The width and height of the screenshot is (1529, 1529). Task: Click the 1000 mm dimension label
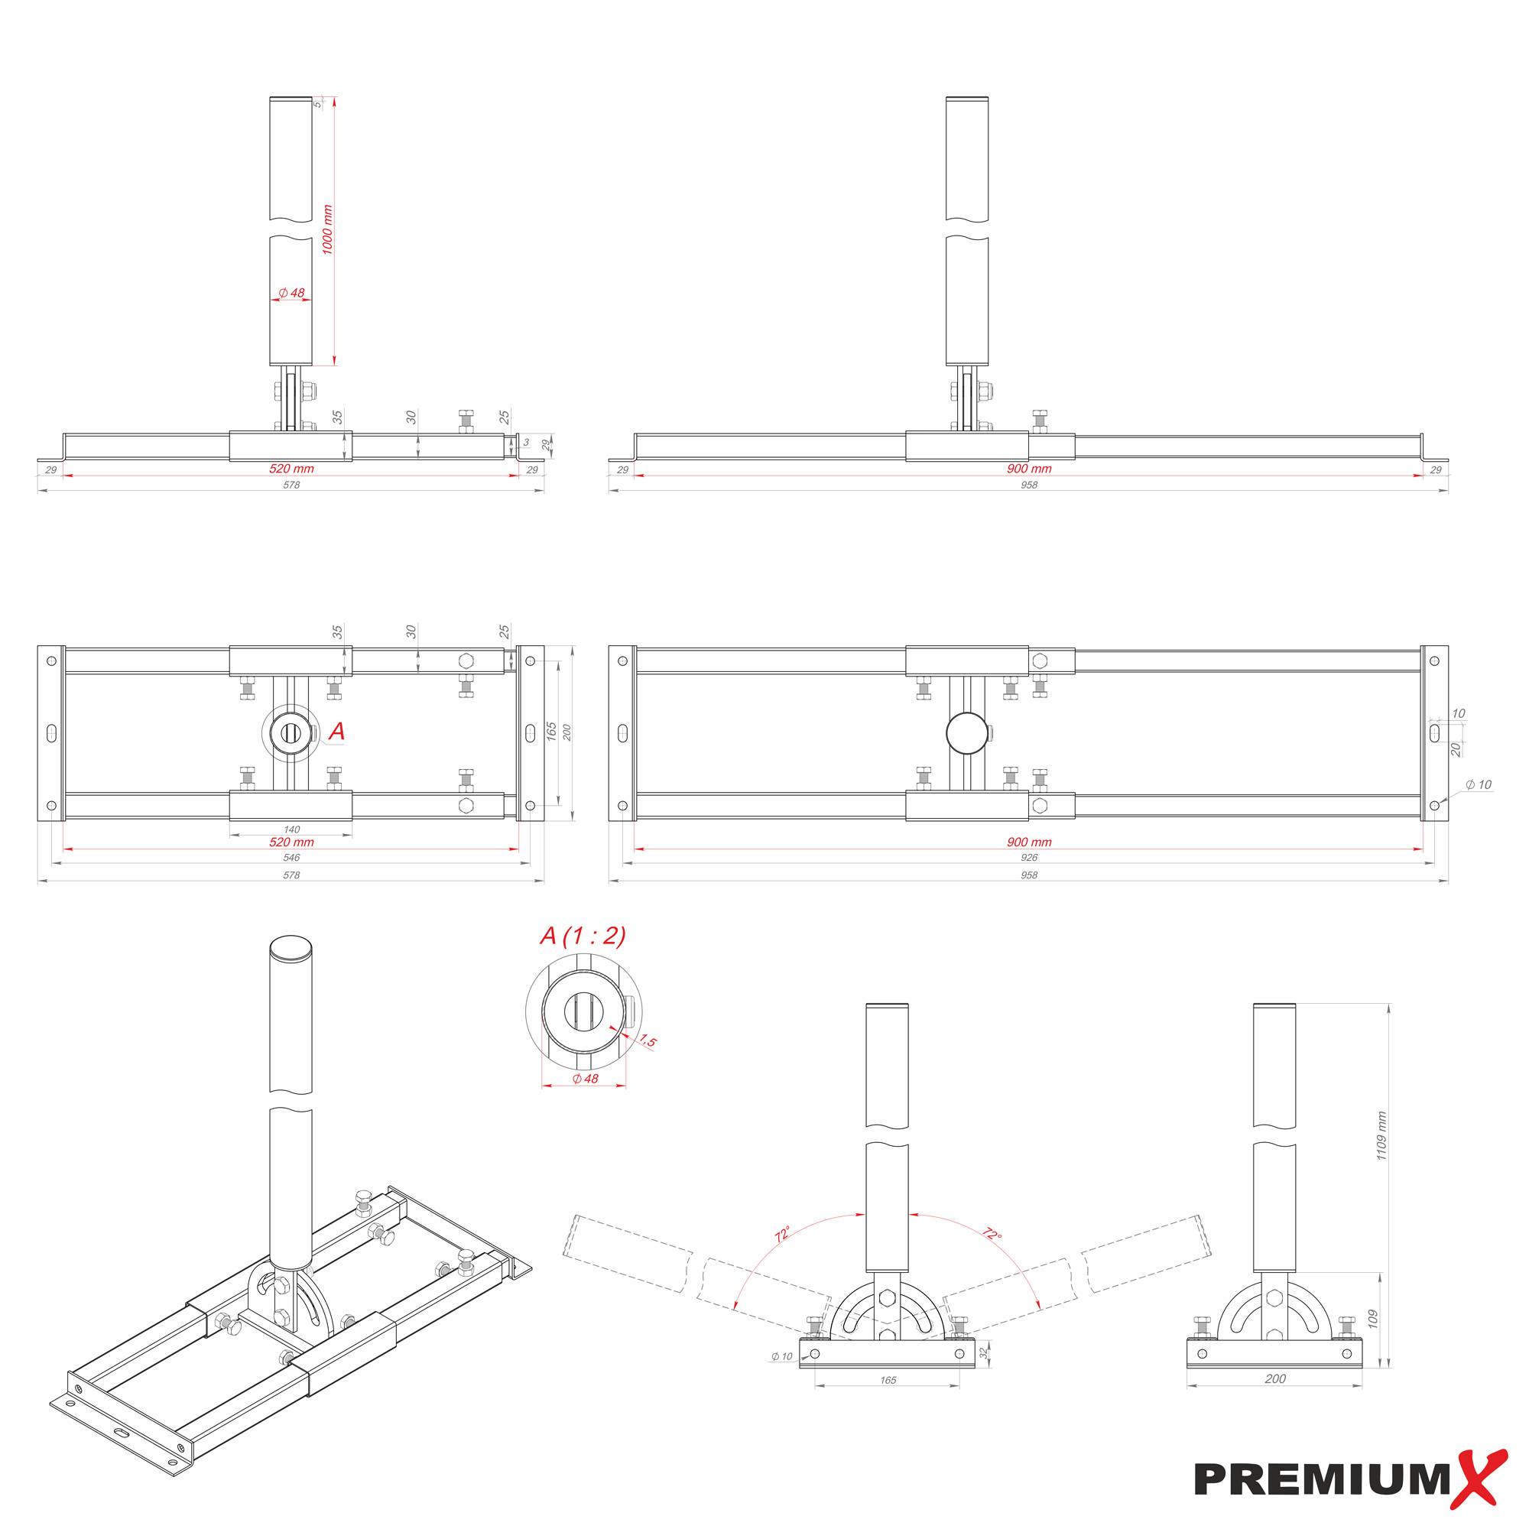[328, 229]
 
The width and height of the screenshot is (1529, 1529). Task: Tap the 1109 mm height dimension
[1381, 1136]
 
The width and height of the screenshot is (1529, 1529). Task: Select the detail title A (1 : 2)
[583, 937]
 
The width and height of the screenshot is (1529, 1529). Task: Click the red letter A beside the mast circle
[336, 732]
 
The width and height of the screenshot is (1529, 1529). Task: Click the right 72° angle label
[992, 1233]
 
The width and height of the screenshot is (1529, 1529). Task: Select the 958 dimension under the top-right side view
[1028, 485]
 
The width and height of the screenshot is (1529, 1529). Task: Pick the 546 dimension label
[291, 857]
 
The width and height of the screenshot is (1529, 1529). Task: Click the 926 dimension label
[1028, 857]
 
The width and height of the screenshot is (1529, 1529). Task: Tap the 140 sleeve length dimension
[291, 829]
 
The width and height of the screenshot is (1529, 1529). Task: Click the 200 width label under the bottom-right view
[1275, 1401]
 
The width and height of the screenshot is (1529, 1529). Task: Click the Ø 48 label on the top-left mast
[291, 293]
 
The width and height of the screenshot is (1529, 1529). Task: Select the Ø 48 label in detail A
[585, 1079]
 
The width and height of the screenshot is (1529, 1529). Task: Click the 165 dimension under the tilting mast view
[887, 1401]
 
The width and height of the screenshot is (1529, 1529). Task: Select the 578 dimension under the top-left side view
[291, 485]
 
